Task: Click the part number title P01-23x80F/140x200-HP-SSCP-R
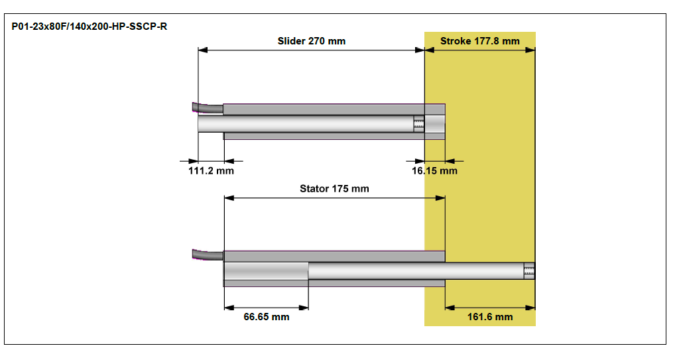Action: [x=90, y=27]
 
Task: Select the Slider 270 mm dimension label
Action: [x=311, y=41]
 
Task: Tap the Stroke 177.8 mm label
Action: [x=479, y=41]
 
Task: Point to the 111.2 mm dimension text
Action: [x=210, y=171]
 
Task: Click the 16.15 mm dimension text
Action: [x=434, y=171]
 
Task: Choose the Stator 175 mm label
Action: [x=334, y=188]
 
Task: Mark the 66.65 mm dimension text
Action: [x=266, y=317]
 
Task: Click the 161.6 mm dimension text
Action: [x=490, y=317]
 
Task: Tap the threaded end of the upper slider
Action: [x=418, y=124]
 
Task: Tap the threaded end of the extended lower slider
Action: [x=529, y=270]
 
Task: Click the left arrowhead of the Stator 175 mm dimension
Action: [x=229, y=198]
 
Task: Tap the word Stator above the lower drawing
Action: [x=314, y=188]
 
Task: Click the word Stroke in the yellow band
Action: [x=456, y=41]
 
